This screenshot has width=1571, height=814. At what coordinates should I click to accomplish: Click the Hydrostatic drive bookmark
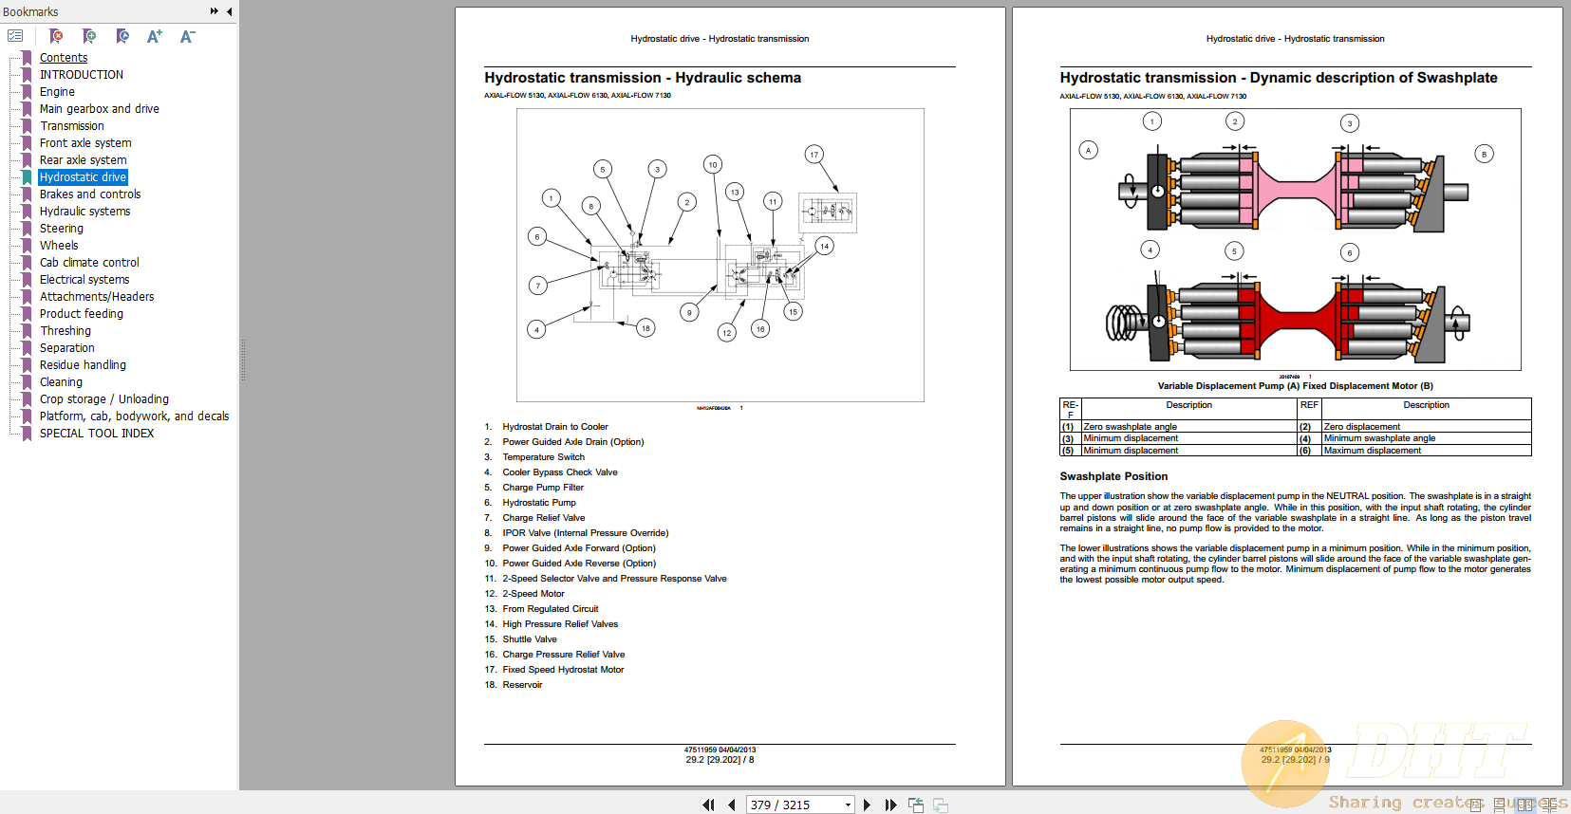pyautogui.click(x=83, y=177)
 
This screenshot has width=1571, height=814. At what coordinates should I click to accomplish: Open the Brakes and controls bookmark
pyautogui.click(x=90, y=194)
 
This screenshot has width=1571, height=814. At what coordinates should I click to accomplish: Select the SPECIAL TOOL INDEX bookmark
pyautogui.click(x=96, y=434)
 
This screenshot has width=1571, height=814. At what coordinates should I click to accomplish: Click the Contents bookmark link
pyautogui.click(x=64, y=58)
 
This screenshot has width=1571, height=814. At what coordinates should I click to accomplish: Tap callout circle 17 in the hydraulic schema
pyautogui.click(x=814, y=155)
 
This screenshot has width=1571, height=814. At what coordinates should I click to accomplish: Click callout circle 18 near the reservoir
pyautogui.click(x=645, y=328)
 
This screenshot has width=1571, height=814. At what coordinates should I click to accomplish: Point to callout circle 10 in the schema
pyautogui.click(x=713, y=164)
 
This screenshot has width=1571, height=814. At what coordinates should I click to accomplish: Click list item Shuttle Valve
pyautogui.click(x=530, y=639)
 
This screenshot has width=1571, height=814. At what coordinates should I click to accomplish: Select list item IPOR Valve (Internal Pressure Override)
pyautogui.click(x=585, y=533)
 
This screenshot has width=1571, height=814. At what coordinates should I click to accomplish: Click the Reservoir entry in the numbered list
pyautogui.click(x=522, y=685)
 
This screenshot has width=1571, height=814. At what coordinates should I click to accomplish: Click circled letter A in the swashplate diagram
pyautogui.click(x=1089, y=150)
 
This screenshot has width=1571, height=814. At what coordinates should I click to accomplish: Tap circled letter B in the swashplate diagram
pyautogui.click(x=1485, y=154)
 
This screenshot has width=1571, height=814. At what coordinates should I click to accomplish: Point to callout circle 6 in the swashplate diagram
pyautogui.click(x=1350, y=252)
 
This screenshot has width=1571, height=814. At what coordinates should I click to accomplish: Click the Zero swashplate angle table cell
pyautogui.click(x=1130, y=427)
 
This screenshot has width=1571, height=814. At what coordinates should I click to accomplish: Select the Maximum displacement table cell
pyautogui.click(x=1372, y=451)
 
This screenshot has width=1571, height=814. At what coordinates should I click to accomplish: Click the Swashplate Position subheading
pyautogui.click(x=1113, y=476)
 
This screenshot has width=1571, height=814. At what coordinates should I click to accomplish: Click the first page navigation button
pyautogui.click(x=708, y=805)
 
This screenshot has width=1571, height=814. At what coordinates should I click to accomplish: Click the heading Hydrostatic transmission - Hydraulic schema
pyautogui.click(x=642, y=78)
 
